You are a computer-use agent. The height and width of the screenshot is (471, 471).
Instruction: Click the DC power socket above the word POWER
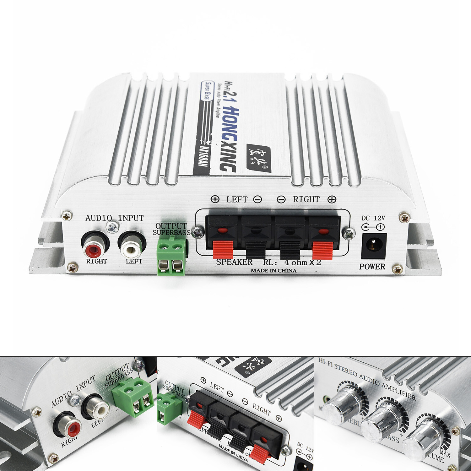pyautogui.click(x=374, y=245)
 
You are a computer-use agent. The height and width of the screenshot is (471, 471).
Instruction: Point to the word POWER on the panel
pyautogui.click(x=372, y=267)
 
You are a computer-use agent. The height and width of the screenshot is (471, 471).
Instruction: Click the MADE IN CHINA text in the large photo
pyautogui.click(x=273, y=270)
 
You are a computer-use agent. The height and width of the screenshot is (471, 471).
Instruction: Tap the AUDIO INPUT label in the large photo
pyautogui.click(x=114, y=218)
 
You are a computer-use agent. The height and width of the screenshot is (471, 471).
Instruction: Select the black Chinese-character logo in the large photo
pyautogui.click(x=258, y=157)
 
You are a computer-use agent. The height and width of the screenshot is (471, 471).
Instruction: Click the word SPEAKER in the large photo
pyautogui.click(x=234, y=262)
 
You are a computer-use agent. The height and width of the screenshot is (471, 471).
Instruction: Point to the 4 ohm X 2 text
pyautogui.click(x=302, y=262)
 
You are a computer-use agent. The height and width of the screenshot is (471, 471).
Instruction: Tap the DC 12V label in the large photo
pyautogui.click(x=373, y=218)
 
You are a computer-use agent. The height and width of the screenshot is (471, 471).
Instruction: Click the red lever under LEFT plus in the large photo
pyautogui.click(x=223, y=250)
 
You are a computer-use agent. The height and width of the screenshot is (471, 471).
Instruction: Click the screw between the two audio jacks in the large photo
pyautogui.click(x=113, y=227)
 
